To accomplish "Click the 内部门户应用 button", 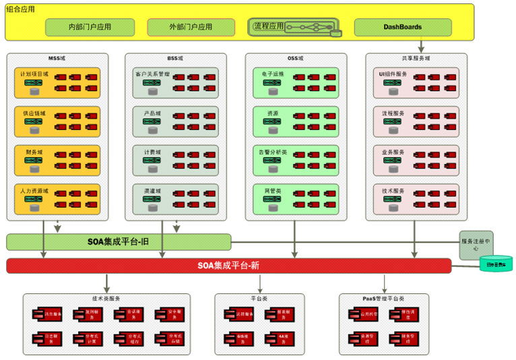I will (x=90, y=27).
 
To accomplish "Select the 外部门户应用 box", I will (x=191, y=27).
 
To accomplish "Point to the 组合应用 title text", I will (x=21, y=9).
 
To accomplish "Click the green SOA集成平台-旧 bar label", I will (x=118, y=241).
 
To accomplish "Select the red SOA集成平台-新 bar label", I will (x=228, y=266).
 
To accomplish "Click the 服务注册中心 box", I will (x=476, y=244).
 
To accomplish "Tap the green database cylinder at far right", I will (x=496, y=264).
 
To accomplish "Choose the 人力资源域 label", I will (x=34, y=191).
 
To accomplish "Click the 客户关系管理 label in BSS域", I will (x=152, y=73).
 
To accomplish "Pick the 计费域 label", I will (x=148, y=152).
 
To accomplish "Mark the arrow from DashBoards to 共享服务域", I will (x=421, y=45).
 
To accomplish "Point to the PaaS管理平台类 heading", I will (x=381, y=298).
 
